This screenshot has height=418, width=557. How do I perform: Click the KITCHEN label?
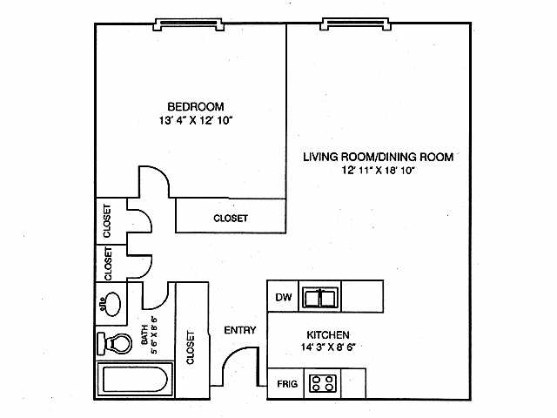(328, 334)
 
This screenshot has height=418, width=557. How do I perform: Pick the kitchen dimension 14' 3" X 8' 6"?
(328, 347)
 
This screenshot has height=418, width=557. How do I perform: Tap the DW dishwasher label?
(282, 298)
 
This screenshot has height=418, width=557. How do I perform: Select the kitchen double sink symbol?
(321, 299)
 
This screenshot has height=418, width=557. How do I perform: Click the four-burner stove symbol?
(324, 384)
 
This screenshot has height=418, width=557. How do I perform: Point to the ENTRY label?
(238, 330)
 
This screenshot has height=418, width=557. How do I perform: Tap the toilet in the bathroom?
(112, 345)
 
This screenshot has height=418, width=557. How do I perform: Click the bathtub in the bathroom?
(133, 381)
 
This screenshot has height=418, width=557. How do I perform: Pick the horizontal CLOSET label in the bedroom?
(231, 219)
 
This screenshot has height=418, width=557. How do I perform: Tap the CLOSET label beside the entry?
(191, 347)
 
